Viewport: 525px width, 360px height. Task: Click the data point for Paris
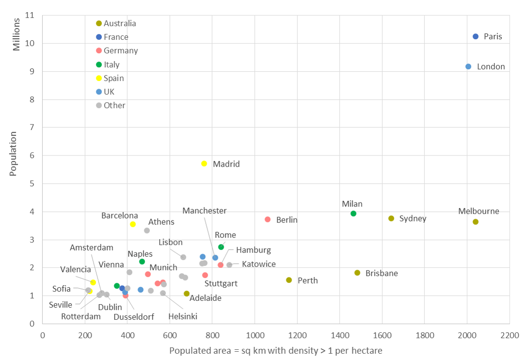[476, 36]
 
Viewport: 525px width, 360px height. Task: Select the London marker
[468, 66]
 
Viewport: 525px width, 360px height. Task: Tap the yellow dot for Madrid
[204, 164]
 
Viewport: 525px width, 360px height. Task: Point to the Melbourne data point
[476, 222]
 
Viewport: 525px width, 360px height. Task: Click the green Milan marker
[354, 214]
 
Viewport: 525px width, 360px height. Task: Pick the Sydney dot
[391, 219]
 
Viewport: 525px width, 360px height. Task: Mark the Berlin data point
[268, 219]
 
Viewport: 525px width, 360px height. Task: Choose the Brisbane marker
[357, 273]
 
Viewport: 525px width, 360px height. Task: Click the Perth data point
[289, 280]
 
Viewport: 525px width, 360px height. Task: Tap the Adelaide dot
[187, 294]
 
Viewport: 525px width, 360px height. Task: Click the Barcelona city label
[120, 216]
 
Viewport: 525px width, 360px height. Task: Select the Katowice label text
[259, 264]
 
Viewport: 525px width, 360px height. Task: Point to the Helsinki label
[183, 316]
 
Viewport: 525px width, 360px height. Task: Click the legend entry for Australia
[120, 23]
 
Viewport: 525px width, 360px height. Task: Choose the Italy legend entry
[111, 64]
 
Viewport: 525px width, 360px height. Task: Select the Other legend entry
[114, 105]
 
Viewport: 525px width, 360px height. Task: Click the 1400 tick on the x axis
[340, 335]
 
